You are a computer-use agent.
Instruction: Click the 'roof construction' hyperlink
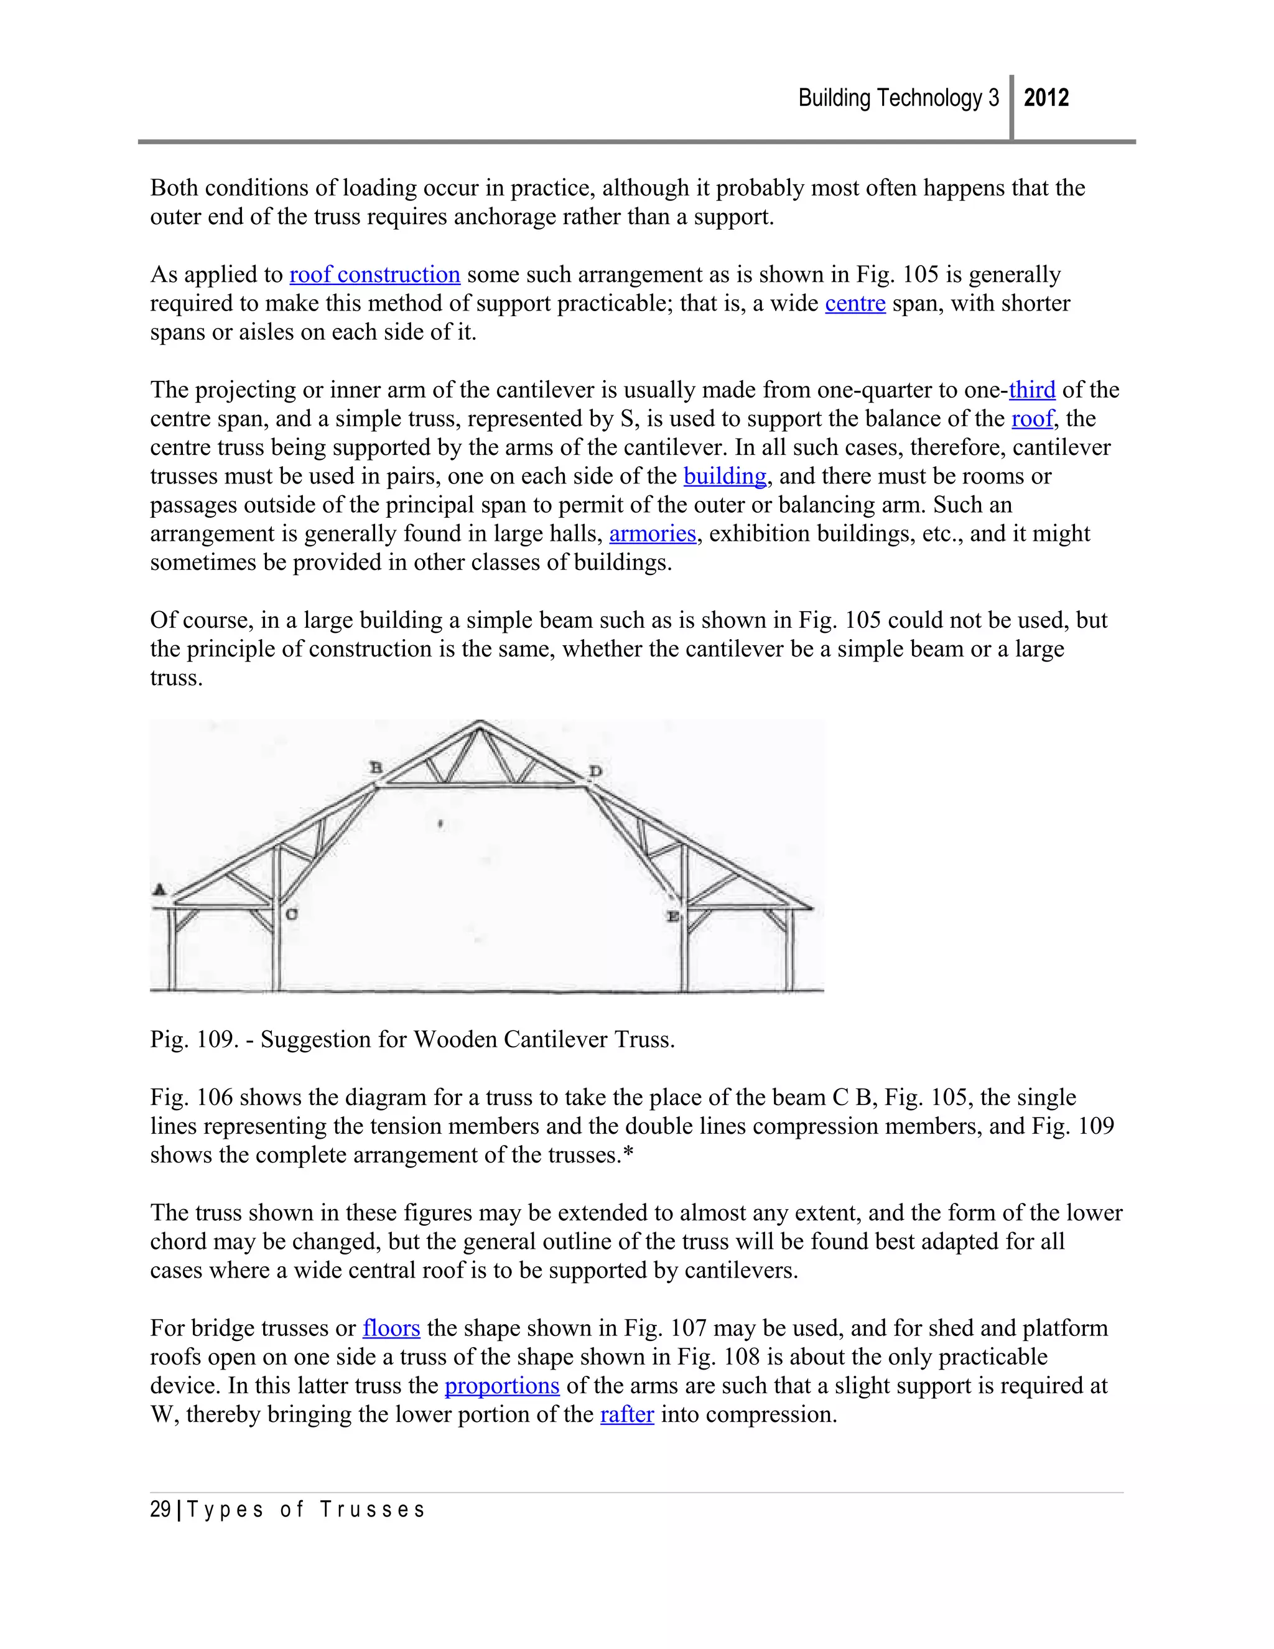pos(374,275)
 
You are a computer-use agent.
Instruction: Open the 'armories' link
pos(652,534)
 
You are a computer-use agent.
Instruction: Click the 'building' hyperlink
pos(725,477)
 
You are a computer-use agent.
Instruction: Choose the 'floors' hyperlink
pos(391,1328)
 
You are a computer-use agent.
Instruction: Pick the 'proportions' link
pos(502,1386)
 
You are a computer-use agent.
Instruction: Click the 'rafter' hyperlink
pos(626,1414)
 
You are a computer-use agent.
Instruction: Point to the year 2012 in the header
pos(1046,98)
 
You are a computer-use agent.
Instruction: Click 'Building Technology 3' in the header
pos(898,98)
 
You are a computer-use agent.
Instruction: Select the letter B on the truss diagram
pos(375,768)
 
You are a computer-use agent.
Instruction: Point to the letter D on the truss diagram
pos(595,772)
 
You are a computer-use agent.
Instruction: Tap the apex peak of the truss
pos(480,723)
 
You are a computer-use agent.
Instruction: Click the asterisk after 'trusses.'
pos(629,1154)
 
